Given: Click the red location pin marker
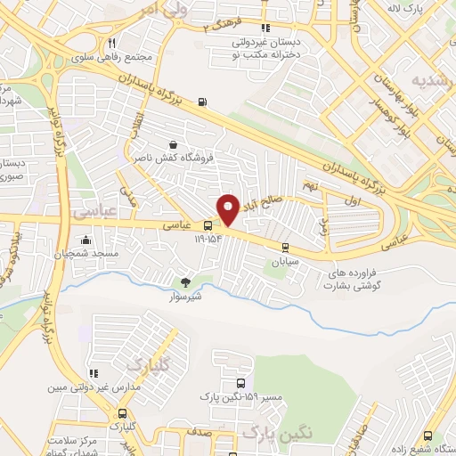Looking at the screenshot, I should tap(228, 208).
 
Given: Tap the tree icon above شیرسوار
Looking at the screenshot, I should tap(185, 282).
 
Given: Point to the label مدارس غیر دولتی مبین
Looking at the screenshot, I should tap(83, 390).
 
